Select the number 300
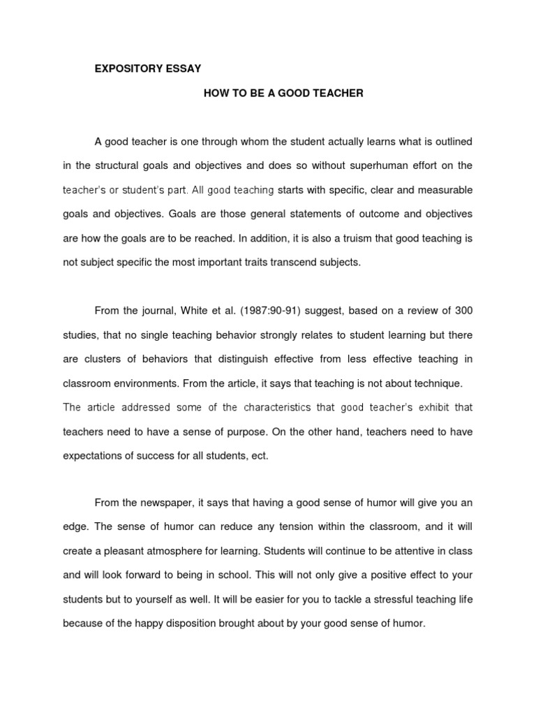click(x=463, y=311)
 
